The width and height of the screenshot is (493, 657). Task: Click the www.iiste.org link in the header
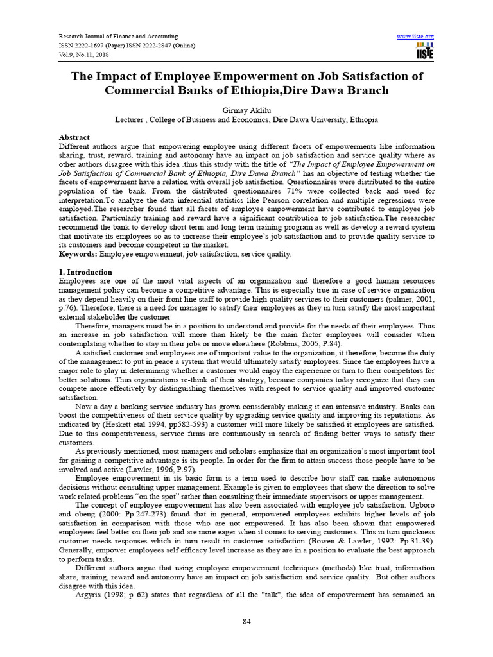416,36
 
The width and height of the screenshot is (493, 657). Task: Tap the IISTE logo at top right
424,51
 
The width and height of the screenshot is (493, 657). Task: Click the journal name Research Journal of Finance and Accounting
118,36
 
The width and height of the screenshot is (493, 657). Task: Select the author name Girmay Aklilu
246,109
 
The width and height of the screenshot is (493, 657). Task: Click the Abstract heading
74,137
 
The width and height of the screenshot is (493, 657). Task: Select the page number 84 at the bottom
246,622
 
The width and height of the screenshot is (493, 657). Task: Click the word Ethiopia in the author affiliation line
363,119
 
